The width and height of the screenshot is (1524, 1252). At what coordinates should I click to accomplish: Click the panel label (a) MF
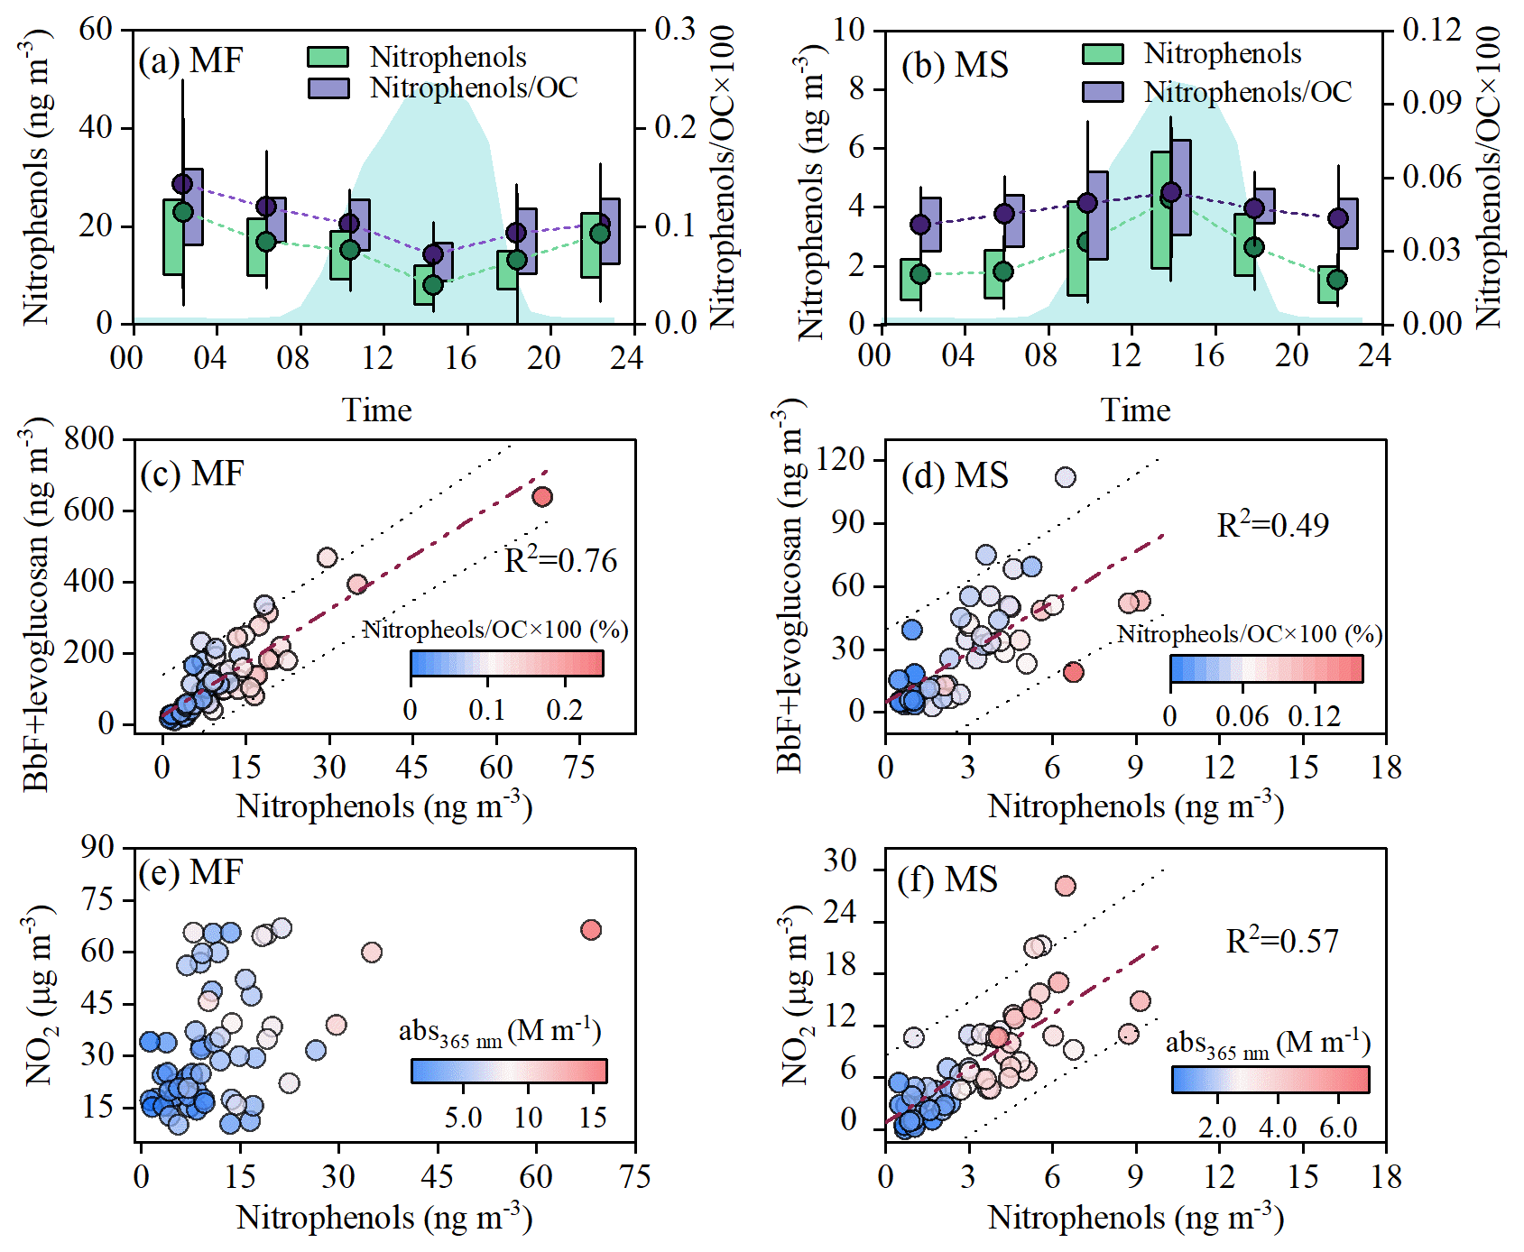(190, 61)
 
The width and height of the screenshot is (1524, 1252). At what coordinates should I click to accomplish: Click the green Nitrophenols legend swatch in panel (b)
(1103, 54)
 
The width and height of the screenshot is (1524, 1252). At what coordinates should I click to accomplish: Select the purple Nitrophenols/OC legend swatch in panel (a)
(328, 87)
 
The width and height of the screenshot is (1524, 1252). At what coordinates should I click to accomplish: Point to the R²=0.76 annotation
(560, 560)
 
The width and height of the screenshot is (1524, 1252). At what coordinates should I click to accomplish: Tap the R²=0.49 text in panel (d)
(1272, 525)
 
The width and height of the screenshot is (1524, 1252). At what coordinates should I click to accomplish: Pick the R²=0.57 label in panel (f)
(1281, 941)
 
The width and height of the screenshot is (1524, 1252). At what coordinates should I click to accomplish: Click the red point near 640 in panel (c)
(541, 496)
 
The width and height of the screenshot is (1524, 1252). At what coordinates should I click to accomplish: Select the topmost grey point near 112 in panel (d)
(1065, 477)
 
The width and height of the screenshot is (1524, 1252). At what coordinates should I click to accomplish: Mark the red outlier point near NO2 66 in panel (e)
(591, 929)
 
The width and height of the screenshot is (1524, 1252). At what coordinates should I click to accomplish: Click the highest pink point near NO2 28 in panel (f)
(1065, 886)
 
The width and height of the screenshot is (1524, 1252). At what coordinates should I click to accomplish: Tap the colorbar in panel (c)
(506, 663)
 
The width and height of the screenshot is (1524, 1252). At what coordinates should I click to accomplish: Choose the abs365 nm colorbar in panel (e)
(509, 1071)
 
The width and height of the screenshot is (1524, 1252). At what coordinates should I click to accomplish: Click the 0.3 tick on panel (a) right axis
(675, 29)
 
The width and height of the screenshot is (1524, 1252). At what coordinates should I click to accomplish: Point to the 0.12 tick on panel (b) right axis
(1432, 30)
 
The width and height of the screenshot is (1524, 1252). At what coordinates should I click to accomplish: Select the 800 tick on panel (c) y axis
(89, 439)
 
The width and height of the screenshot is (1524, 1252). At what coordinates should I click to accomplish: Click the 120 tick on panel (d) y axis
(840, 460)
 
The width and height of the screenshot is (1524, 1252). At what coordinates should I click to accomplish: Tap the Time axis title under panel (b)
(1135, 410)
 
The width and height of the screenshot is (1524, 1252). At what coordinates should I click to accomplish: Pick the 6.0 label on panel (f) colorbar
(1338, 1128)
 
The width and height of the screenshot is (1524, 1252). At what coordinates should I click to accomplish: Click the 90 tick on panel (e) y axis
(97, 847)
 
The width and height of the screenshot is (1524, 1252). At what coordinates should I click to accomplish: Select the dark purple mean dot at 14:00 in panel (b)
(1170, 191)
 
